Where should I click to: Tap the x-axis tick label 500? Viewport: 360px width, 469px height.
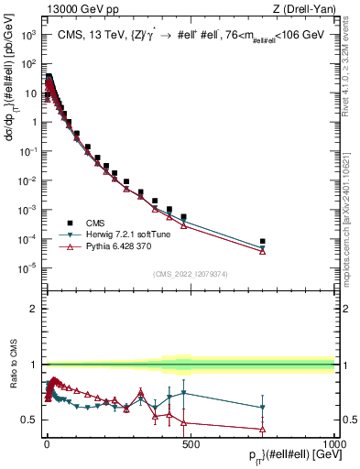click(191, 443)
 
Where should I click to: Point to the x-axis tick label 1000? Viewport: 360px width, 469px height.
click(333, 443)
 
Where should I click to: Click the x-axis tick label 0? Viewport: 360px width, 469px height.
click(47, 443)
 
